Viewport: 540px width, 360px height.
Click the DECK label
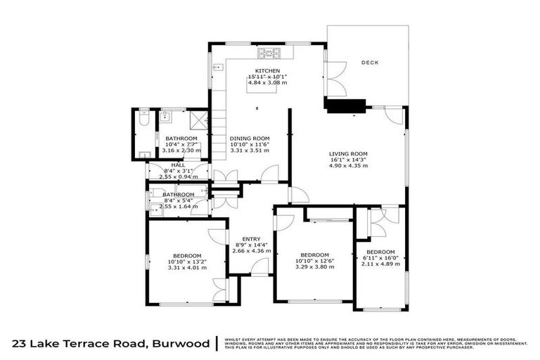(x=370, y=63)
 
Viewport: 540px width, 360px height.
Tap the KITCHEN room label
(x=267, y=71)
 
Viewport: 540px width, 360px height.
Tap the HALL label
(x=177, y=165)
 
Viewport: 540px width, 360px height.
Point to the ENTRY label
(x=251, y=238)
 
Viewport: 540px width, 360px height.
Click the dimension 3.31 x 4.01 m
(x=187, y=267)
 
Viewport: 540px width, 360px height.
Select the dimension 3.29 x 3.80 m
(x=314, y=267)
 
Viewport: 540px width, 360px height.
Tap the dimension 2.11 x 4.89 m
(x=380, y=264)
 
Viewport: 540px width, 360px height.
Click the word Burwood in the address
(x=181, y=344)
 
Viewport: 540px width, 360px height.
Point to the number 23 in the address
(x=21, y=344)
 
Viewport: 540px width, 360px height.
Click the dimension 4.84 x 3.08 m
(x=267, y=82)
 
